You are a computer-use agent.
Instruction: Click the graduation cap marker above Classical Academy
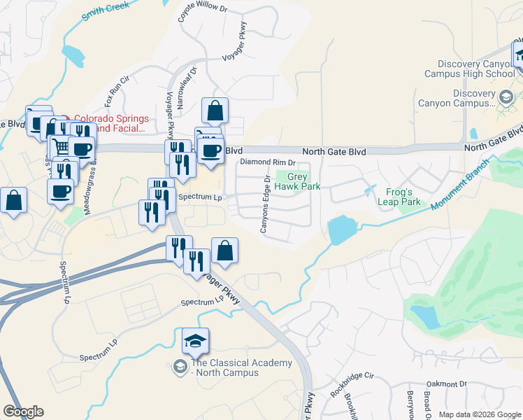pos(195,342)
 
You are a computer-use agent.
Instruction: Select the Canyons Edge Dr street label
pos(265,204)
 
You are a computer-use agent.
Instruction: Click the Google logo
pos(24,412)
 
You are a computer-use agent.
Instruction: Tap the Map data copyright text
pos(480,414)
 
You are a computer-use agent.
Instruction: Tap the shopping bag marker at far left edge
pos(13,201)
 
